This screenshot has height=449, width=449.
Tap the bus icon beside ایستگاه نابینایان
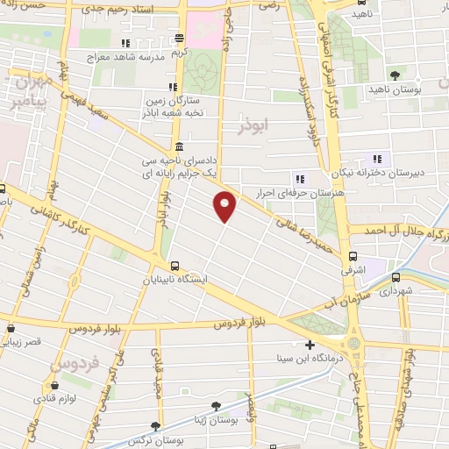point(175,265)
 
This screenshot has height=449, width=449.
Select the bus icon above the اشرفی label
point(353,257)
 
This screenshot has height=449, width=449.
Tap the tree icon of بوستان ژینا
point(216,405)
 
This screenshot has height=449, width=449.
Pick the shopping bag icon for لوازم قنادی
point(54,383)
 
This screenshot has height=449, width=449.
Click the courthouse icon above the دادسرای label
point(179,147)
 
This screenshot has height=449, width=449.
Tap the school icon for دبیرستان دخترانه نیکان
point(378,159)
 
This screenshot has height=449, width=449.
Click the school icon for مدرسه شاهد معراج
point(126,42)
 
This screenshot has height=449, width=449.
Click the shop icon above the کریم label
point(179,38)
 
